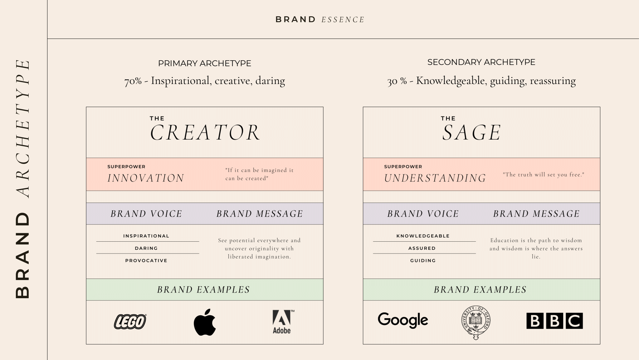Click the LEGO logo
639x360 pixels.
(x=130, y=322)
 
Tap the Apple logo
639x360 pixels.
(x=205, y=323)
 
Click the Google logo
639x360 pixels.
(x=403, y=320)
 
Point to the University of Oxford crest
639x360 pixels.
(x=476, y=322)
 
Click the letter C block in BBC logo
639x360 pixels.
(x=574, y=321)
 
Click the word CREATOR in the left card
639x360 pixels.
(x=205, y=133)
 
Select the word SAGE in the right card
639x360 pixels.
(x=471, y=133)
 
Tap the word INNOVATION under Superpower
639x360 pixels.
(x=146, y=178)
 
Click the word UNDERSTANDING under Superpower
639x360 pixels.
(x=435, y=178)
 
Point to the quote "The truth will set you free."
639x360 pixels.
(x=543, y=175)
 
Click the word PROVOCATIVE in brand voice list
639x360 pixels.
(x=146, y=260)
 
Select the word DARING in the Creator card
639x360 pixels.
(x=146, y=248)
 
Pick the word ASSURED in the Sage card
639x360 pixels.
(x=422, y=248)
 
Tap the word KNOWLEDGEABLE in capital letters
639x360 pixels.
(x=423, y=236)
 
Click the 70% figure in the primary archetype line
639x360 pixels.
(x=133, y=81)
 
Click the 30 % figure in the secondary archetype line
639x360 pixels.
(x=397, y=81)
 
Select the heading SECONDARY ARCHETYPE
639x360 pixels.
(x=481, y=62)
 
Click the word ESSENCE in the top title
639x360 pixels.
(x=343, y=20)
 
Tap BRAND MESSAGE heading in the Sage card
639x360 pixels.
(x=536, y=214)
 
